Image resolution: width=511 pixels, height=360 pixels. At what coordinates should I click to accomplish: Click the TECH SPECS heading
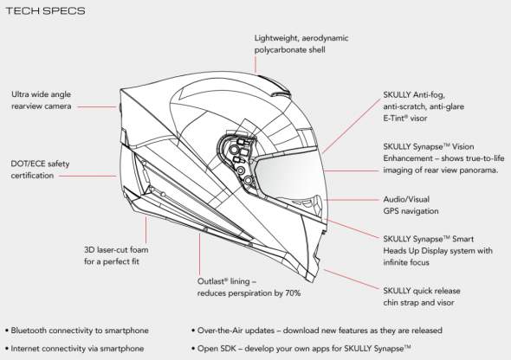coord(46,10)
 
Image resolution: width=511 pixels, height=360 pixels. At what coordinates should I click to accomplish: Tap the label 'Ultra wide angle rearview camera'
coord(42,100)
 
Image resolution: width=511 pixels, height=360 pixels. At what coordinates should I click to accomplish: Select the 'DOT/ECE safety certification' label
coord(40,170)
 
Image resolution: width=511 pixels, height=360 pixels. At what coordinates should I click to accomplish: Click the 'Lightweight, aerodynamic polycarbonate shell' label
coord(301,44)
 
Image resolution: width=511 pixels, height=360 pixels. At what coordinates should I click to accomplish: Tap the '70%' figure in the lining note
coord(293,293)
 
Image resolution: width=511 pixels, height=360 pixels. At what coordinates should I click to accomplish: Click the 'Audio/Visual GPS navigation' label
coord(411,205)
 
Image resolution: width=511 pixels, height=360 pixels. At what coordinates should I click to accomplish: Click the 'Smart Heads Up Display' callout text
coord(437,251)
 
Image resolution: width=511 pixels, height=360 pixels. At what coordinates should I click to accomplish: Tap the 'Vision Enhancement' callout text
coord(443,158)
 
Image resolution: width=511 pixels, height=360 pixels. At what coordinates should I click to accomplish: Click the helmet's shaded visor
coord(288,176)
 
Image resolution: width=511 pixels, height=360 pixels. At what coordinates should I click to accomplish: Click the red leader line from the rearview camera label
coord(97,106)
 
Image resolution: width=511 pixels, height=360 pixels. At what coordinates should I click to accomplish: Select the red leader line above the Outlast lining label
coord(199,254)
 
